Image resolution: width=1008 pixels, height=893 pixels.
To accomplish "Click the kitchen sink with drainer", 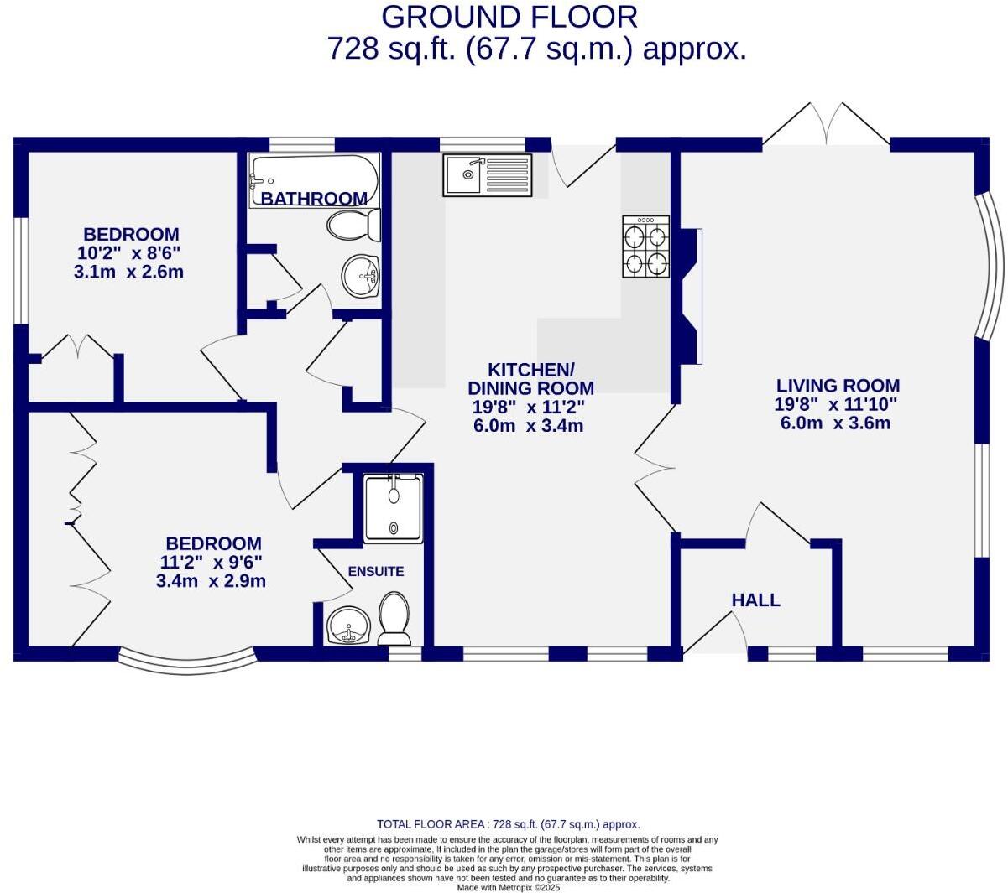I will [x=488, y=175].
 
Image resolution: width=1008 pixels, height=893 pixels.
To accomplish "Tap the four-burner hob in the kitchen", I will [x=645, y=247].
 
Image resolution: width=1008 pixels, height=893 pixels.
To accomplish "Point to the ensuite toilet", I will [x=394, y=618].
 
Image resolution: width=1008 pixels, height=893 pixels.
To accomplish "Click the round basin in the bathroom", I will [x=362, y=275].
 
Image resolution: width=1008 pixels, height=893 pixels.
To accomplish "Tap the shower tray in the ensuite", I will [x=394, y=507].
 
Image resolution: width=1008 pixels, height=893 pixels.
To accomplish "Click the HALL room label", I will [x=755, y=600].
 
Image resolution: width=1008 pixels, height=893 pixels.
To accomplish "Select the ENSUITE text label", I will [x=376, y=572].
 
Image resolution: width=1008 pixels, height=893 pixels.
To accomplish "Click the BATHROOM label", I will [x=314, y=199].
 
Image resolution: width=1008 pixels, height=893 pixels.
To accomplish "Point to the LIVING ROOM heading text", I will [x=837, y=386].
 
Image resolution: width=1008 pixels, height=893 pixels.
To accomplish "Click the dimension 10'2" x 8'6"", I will [x=129, y=253].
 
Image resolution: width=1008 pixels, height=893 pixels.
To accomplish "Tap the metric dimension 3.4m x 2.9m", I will [x=211, y=581].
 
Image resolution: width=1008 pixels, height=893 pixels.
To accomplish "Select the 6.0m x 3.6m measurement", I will [x=835, y=423].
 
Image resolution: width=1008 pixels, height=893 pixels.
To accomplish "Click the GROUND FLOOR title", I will [x=509, y=17].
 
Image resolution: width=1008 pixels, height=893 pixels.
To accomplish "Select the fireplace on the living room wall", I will [x=689, y=296].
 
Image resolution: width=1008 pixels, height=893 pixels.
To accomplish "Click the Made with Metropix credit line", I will [x=508, y=887].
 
